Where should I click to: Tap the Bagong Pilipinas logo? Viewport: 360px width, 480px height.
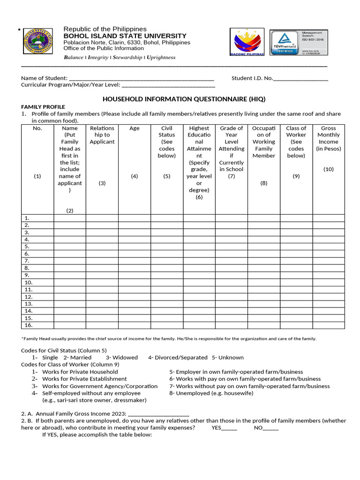tap(247, 42)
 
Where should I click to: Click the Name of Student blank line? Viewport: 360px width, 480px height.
tap(141, 79)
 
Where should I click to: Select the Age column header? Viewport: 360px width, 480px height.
tap(135, 128)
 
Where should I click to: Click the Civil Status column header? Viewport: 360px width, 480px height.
tap(167, 142)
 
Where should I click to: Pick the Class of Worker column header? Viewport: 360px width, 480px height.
tap(296, 142)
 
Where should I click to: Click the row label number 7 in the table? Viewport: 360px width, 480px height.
tap(27, 261)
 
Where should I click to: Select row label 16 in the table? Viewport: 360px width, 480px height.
tap(29, 325)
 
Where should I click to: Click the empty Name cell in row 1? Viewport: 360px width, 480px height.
tap(70, 218)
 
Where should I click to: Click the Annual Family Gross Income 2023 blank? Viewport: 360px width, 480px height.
tap(158, 414)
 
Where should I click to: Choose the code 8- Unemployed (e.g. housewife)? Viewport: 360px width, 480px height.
tap(211, 393)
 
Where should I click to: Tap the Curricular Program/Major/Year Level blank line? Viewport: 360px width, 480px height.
tap(168, 85)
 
